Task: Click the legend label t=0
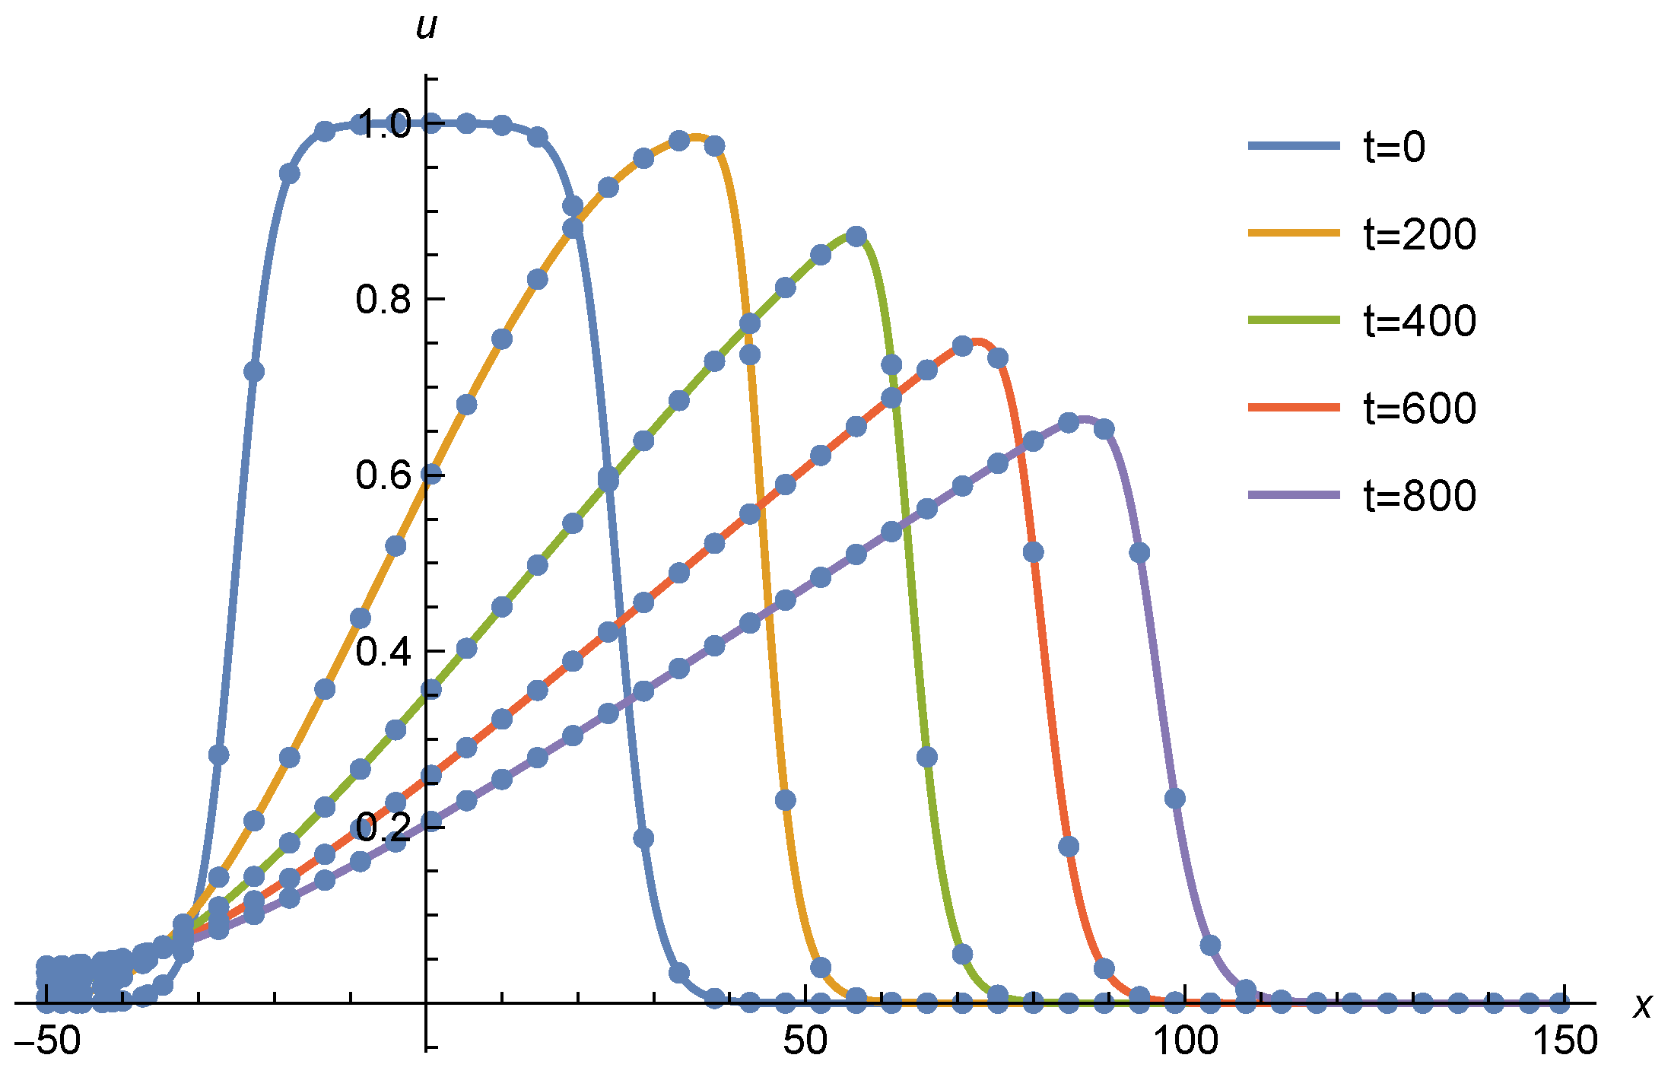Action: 1394,146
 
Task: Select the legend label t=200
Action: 1420,234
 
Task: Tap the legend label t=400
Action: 1420,320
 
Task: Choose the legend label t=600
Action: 1420,408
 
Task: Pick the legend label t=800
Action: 1420,495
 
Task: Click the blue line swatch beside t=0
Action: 1294,145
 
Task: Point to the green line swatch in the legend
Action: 1294,320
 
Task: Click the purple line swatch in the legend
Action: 1294,495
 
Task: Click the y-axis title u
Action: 427,26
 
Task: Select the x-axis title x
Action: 1643,1006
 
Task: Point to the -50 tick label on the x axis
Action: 47,1041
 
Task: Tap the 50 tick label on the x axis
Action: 805,1041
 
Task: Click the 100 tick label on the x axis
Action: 1186,1041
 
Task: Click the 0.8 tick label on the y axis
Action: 383,300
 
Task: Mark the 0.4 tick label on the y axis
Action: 383,652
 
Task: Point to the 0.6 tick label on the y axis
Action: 383,475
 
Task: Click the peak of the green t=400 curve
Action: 856,235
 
